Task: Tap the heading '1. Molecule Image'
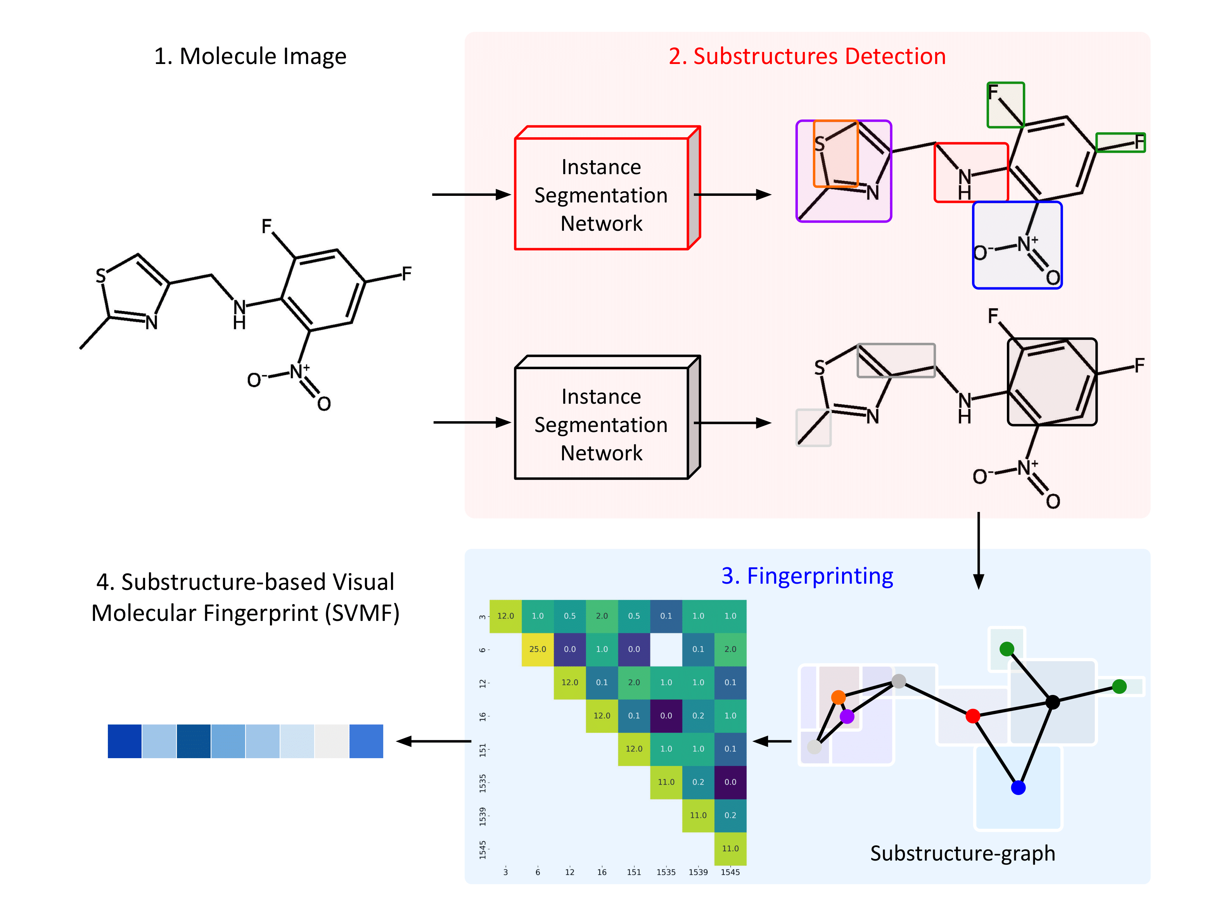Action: click(250, 56)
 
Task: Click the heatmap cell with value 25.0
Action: click(537, 649)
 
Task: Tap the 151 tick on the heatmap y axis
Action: click(483, 749)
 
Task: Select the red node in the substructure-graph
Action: click(973, 716)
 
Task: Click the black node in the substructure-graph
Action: click(1052, 702)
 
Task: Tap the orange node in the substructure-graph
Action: click(838, 697)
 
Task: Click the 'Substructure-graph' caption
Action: click(962, 853)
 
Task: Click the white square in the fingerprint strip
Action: click(331, 741)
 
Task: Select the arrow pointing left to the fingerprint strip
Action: click(433, 741)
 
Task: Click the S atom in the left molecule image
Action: click(100, 275)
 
